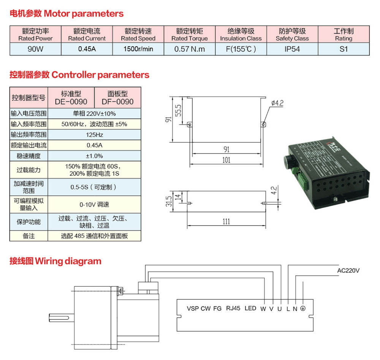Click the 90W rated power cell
pos(35,49)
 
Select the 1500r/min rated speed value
pos(138,49)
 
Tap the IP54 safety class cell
pos(292,49)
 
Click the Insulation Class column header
pos(241,34)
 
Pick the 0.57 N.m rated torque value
pos(189,49)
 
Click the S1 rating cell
pos(344,49)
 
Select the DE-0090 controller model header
pos(71,98)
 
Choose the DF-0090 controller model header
pos(117,98)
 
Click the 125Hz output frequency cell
pos(94,134)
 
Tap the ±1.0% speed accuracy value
pos(94,156)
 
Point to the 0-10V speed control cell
pos(94,204)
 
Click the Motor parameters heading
pos(66,14)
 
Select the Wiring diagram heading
pos(55,261)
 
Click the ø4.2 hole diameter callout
pos(278,103)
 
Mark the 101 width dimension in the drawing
pos(226,161)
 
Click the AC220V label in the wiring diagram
pos(348,271)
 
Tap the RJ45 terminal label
pos(233,308)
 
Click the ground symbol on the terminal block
pos(303,308)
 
